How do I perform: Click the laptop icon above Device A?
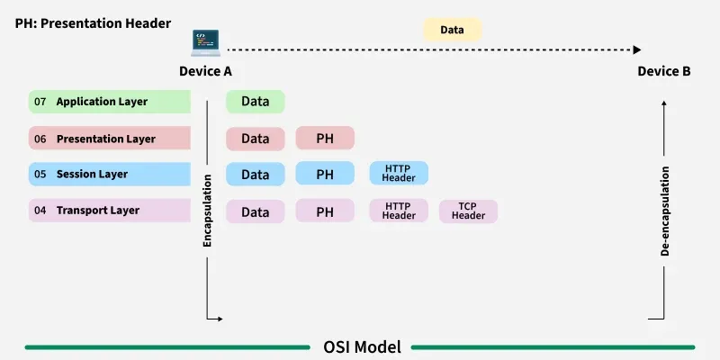[206, 42]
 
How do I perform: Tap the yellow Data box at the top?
[452, 30]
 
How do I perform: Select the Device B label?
[664, 71]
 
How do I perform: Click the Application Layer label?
[102, 102]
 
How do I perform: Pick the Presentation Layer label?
[105, 139]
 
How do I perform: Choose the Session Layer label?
[92, 174]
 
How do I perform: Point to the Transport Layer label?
[97, 211]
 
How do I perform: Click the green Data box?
[256, 102]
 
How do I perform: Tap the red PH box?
[325, 139]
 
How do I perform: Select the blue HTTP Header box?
[399, 174]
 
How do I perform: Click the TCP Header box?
[468, 211]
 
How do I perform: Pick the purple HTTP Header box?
[399, 211]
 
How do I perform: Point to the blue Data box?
[256, 174]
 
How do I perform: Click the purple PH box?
[325, 212]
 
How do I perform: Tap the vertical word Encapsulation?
[208, 211]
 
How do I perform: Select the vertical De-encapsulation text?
[665, 211]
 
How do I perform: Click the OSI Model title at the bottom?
[362, 346]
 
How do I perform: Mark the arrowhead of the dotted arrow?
[637, 50]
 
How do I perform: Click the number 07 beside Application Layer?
[40, 102]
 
